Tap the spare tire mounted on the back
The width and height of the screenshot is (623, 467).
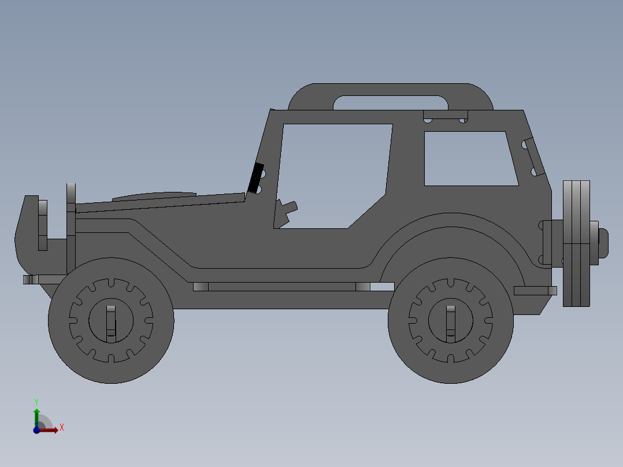click(577, 243)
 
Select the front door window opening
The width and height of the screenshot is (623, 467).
click(332, 173)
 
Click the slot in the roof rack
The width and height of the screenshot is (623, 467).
click(391, 102)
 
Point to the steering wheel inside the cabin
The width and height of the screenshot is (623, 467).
click(286, 210)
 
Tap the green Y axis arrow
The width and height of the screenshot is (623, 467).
click(36, 413)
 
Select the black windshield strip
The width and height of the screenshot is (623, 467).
click(255, 178)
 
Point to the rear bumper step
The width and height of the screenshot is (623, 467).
click(535, 291)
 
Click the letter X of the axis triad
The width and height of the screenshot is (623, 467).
click(61, 428)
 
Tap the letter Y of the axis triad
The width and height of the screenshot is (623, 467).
click(36, 401)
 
